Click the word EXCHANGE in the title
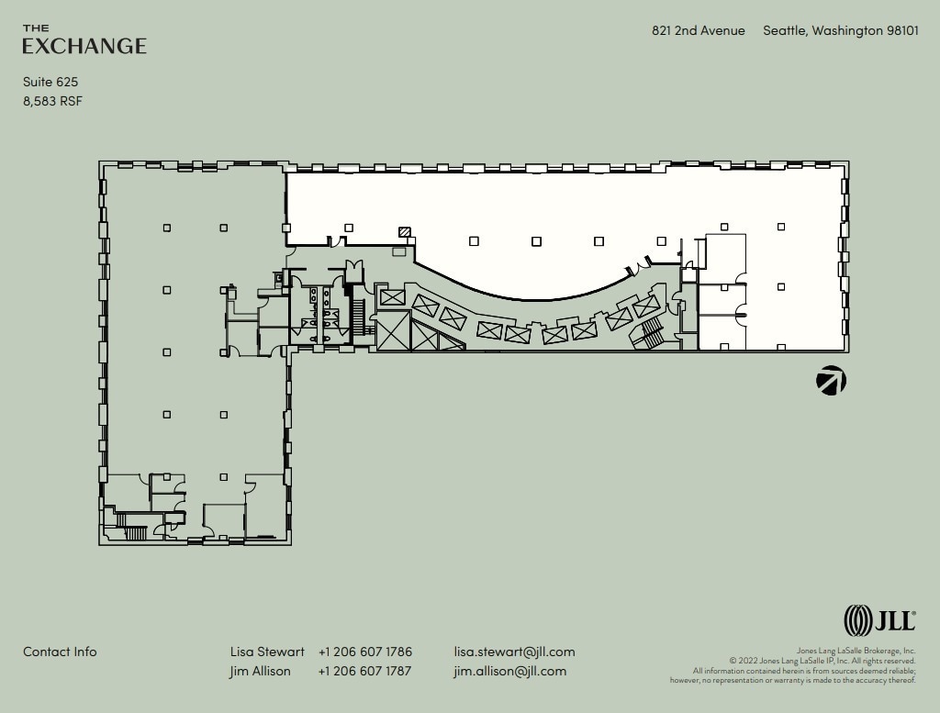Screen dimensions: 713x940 click(84, 46)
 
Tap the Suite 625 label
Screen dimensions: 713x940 click(50, 82)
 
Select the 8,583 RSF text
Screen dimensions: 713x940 click(52, 101)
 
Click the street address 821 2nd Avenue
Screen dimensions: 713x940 click(698, 30)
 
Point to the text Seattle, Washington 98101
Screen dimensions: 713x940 click(840, 30)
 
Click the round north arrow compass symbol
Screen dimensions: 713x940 click(832, 380)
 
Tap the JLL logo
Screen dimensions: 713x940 click(879, 620)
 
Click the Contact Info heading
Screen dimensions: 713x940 click(60, 652)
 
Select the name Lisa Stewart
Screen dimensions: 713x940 click(267, 652)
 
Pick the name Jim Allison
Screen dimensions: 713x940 click(260, 671)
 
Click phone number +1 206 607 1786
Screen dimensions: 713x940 click(365, 652)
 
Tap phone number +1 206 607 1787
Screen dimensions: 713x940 click(365, 671)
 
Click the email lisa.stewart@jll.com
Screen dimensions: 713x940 click(514, 652)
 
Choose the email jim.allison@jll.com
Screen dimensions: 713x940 click(509, 671)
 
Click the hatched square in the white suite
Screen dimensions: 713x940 click(405, 232)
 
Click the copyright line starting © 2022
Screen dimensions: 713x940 click(822, 661)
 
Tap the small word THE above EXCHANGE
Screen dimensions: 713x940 click(36, 28)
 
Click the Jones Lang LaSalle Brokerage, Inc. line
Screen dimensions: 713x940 click(856, 651)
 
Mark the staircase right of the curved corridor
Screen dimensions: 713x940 click(651, 330)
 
